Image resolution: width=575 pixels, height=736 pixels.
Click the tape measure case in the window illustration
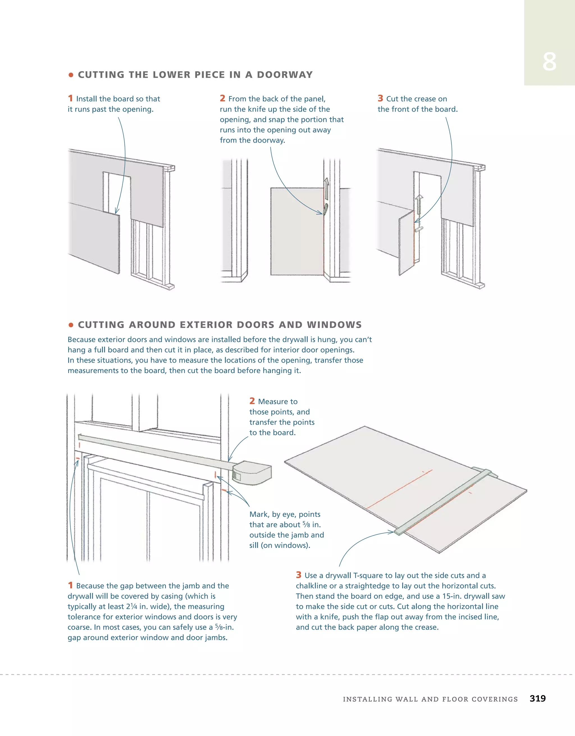tap(253, 473)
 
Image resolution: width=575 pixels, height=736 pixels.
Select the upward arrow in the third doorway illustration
tap(419, 204)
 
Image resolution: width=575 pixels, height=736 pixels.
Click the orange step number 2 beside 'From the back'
tap(222, 98)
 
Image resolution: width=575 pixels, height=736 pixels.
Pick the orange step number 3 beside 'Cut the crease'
tap(380, 98)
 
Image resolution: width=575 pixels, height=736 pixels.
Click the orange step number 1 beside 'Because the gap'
tap(70, 585)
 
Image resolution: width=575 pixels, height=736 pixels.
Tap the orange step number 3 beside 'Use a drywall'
tap(298, 575)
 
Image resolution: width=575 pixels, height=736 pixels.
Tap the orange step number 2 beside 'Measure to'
tap(252, 401)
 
